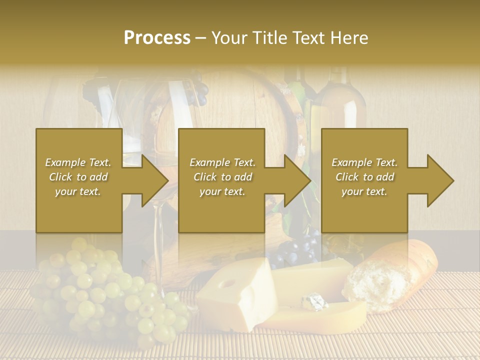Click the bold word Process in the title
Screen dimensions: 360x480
(157, 37)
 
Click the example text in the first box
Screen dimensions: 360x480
(78, 177)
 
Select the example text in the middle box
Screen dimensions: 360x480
(222, 177)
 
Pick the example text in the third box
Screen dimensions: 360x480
(364, 177)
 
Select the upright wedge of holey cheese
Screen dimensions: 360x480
(235, 300)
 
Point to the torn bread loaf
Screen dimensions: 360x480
(395, 272)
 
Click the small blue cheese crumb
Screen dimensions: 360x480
(315, 301)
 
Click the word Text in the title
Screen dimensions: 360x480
(312, 37)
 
